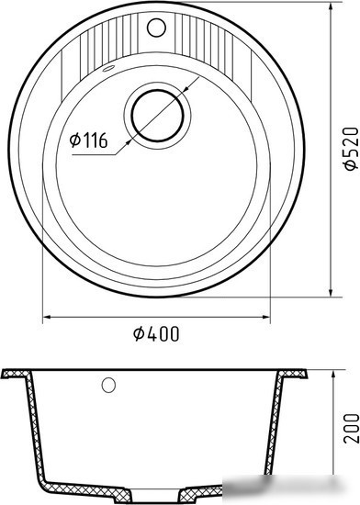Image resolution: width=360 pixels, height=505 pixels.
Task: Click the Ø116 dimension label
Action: click(88, 141)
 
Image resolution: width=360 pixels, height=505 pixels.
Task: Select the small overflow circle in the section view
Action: click(108, 384)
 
